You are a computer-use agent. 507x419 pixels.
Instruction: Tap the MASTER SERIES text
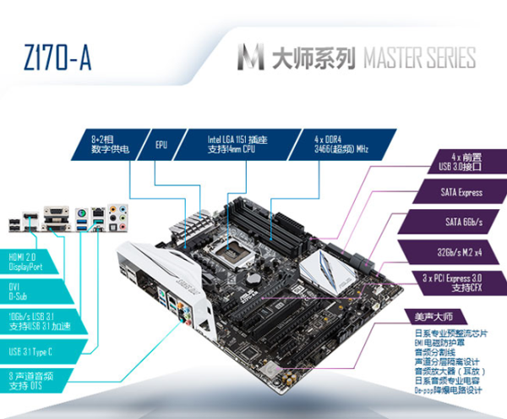[x=417, y=58]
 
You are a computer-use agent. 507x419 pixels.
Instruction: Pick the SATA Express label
[x=461, y=192]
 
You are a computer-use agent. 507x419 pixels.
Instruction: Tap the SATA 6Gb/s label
[x=461, y=223]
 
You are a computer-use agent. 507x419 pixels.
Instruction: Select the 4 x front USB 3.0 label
[x=462, y=161]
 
